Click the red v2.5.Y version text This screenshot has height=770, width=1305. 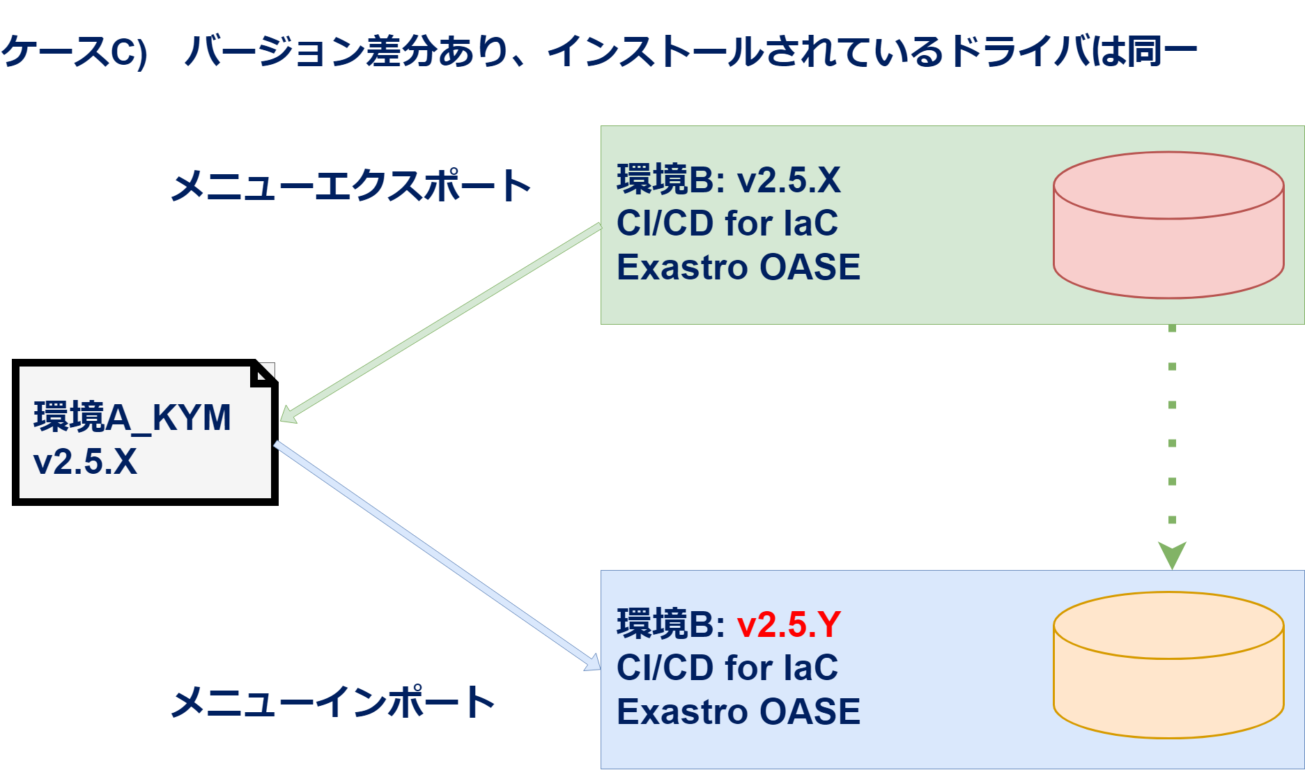pos(789,624)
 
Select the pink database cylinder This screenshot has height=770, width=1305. pos(1168,225)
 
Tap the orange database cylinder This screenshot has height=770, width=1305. pos(1168,665)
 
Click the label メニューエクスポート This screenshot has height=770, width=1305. pos(351,186)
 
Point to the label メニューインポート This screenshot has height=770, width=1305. pos(333,701)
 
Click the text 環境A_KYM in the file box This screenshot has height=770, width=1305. pos(132,417)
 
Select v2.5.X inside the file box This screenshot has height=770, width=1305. pos(85,461)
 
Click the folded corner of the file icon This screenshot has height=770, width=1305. pos(263,374)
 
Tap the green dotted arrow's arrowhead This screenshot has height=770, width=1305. pos(1172,555)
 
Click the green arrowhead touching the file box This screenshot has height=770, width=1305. pos(288,415)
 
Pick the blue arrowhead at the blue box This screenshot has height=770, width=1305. pos(592,663)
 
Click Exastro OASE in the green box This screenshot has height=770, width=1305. pos(739,267)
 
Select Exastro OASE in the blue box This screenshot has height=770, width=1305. pos(739,711)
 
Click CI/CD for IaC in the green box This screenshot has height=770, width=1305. pos(727,223)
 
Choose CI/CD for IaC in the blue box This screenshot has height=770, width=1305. pos(727,668)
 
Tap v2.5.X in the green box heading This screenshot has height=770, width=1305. pos(789,180)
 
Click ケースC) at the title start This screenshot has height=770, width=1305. pos(74,52)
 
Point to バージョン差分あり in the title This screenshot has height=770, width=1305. pos(347,52)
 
